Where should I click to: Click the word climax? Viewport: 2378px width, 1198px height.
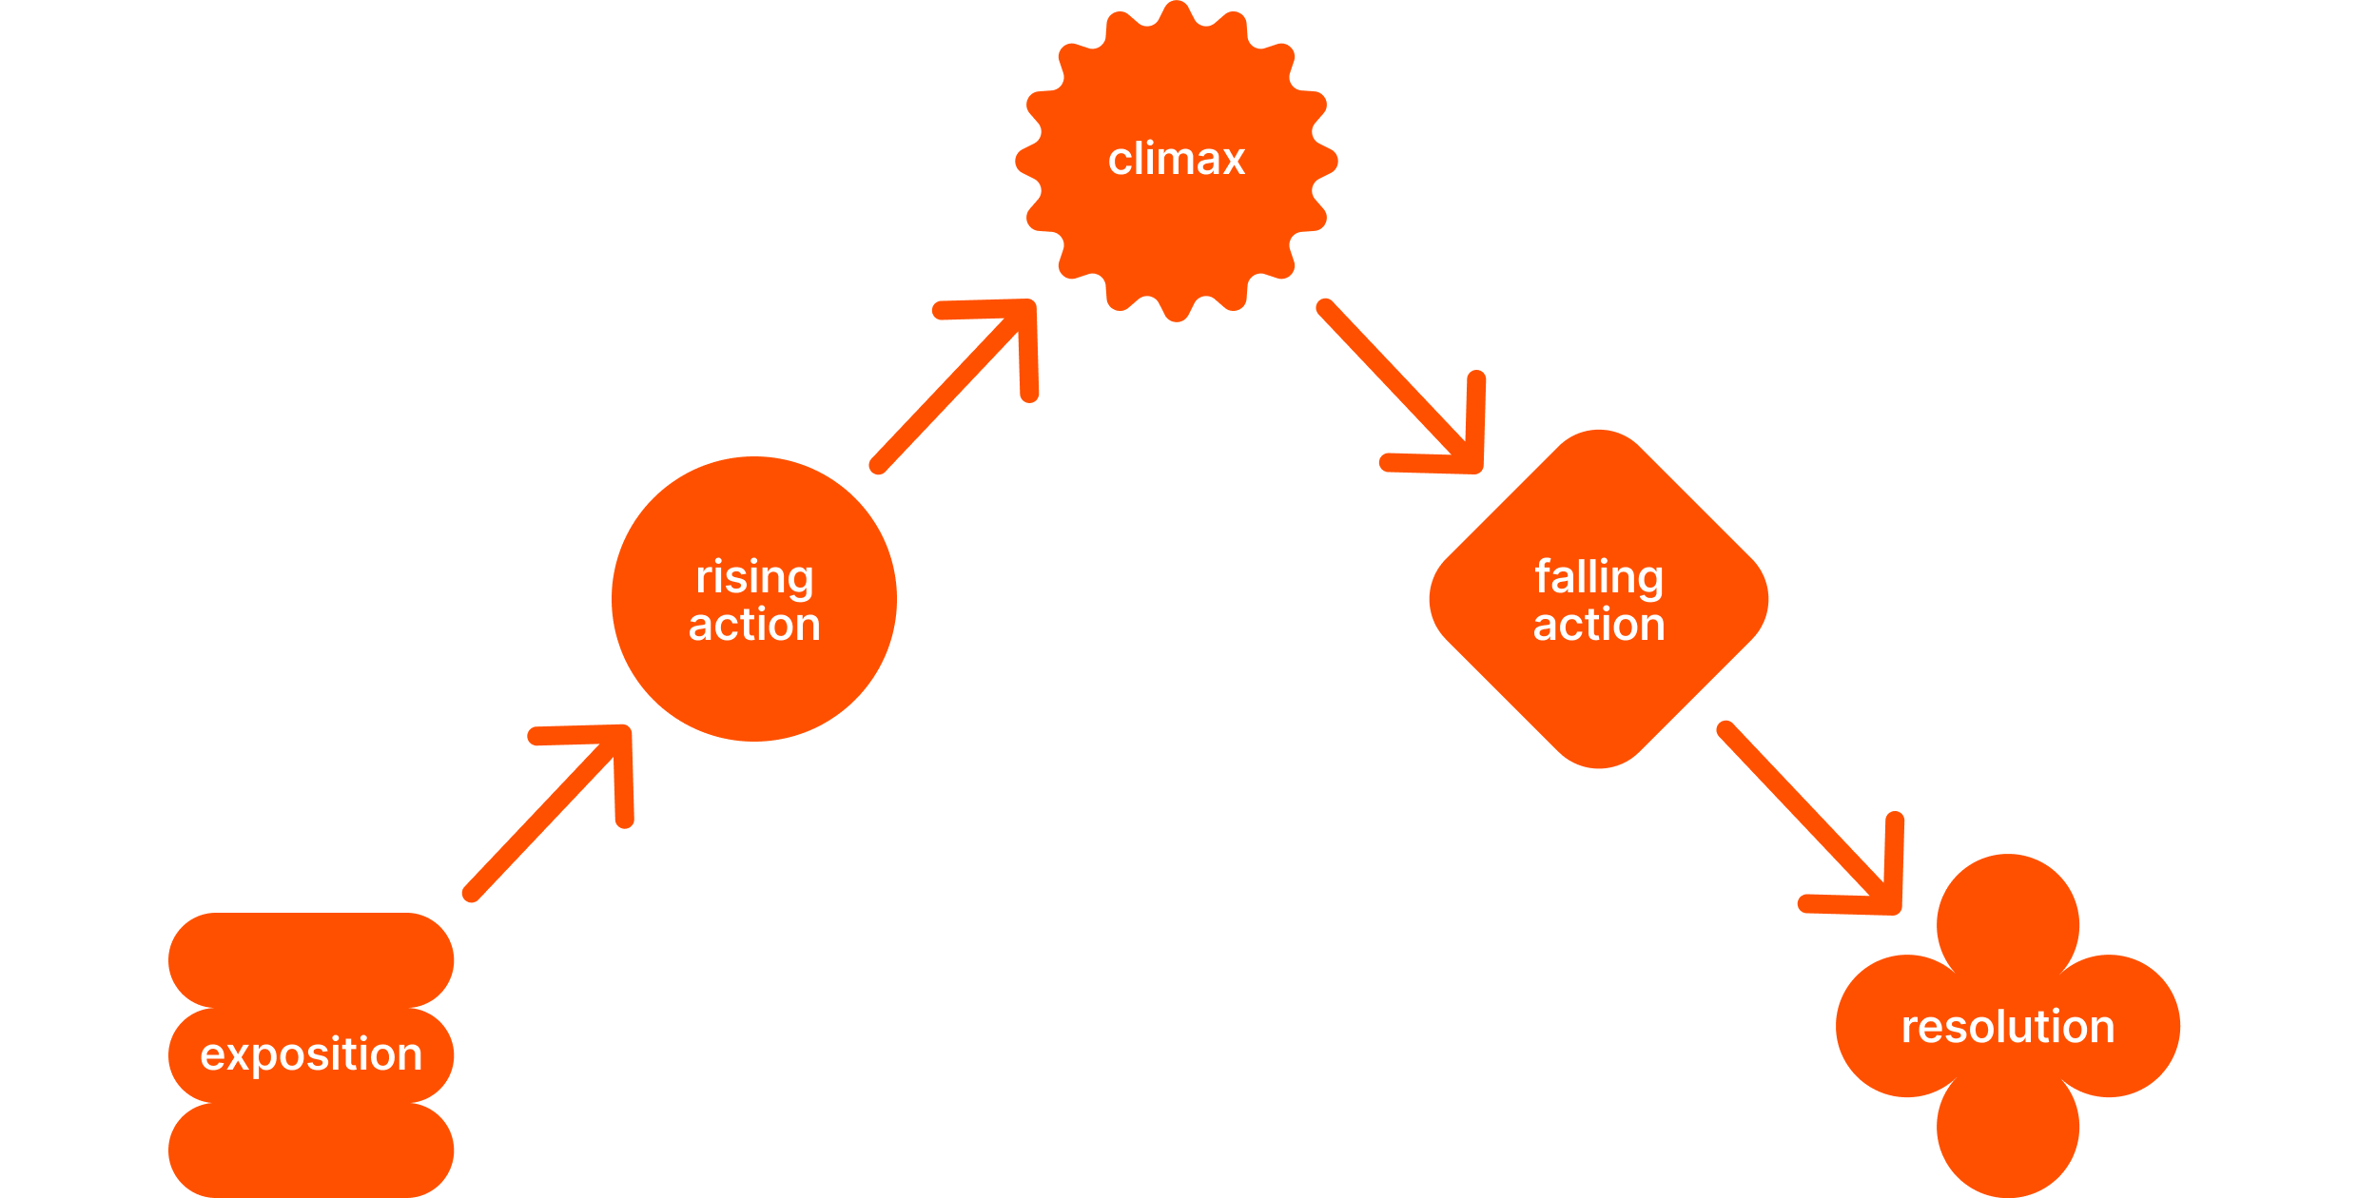click(x=1177, y=159)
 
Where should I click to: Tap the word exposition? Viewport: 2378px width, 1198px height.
click(x=311, y=1054)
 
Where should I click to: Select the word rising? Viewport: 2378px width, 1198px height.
click(x=754, y=577)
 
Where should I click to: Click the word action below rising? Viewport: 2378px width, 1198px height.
click(x=754, y=625)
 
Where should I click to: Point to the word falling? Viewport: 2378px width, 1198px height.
click(x=1599, y=577)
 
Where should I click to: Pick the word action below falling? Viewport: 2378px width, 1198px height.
click(x=1599, y=625)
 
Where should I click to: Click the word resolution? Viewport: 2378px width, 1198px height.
click(x=2008, y=1027)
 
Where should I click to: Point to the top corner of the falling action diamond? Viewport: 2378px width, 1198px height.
click(x=1599, y=447)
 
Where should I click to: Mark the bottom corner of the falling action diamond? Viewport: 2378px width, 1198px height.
click(x=1599, y=751)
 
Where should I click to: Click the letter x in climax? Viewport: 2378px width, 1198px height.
click(x=1233, y=160)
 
